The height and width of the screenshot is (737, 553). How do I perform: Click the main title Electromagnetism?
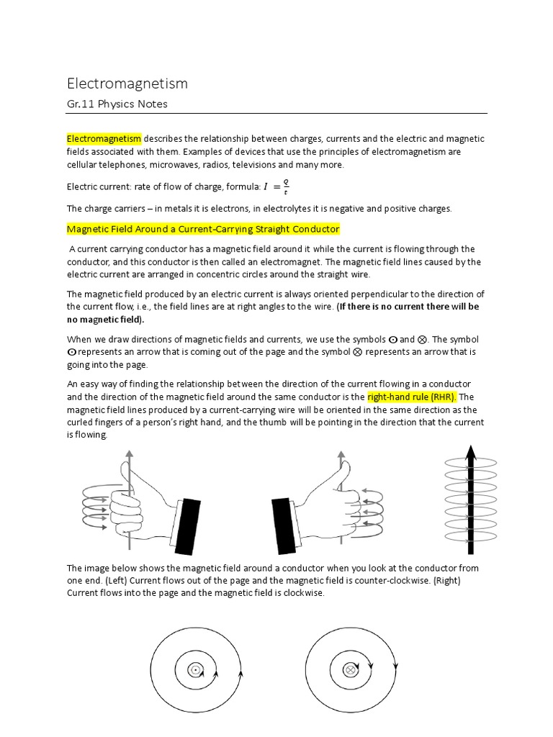pos(127,83)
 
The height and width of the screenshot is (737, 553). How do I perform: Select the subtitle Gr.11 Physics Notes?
pos(117,104)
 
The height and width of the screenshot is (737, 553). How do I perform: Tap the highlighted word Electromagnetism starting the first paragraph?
pos(104,139)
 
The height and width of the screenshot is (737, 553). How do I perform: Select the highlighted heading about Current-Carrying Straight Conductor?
pos(202,229)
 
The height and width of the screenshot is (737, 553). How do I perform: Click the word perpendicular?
pos(391,294)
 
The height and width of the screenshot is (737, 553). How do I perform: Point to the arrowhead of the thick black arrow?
pos(470,453)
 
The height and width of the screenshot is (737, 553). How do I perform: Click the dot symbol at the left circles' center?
pos(194,670)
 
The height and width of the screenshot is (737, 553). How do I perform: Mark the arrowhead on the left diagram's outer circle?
pos(240,674)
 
